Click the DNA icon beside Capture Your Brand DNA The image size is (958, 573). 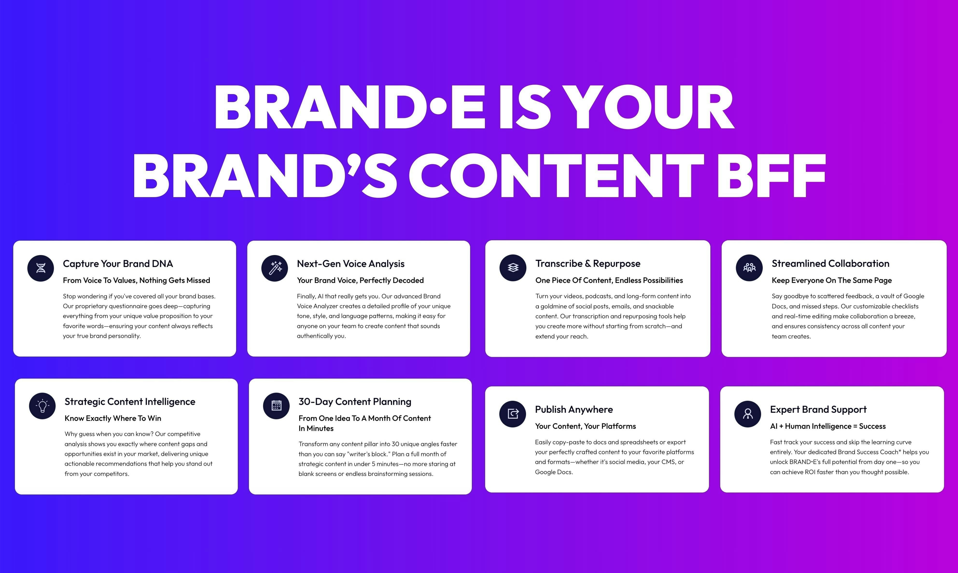point(41,268)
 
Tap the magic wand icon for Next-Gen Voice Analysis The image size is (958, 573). point(275,268)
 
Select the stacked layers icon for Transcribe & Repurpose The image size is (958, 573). point(513,268)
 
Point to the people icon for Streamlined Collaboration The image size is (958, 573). point(749,268)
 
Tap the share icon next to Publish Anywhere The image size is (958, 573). point(513,414)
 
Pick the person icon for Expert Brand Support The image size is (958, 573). point(748,414)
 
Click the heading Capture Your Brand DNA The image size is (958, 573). point(118,264)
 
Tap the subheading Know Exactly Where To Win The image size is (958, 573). point(113,418)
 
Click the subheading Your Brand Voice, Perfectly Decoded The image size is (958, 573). point(360,280)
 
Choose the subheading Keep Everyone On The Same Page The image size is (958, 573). point(832,280)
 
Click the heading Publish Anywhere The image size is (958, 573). point(574,410)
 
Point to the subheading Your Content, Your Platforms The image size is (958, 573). point(585,426)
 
